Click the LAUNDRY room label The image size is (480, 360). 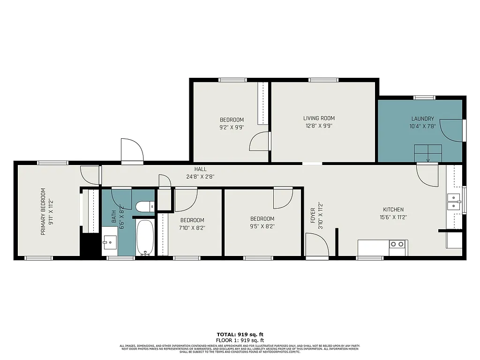click(422, 119)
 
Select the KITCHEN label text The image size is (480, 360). click(393, 210)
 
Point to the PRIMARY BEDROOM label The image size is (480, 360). click(43, 211)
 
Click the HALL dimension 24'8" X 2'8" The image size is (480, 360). click(200, 177)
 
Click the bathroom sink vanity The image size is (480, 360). click(109, 242)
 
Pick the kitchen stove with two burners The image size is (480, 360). click(398, 244)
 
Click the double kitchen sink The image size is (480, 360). click(453, 202)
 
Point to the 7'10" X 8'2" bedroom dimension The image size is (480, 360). click(192, 227)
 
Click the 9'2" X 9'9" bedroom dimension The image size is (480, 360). click(232, 127)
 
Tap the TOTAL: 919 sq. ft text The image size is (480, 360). click(240, 334)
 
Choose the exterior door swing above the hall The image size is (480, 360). click(132, 150)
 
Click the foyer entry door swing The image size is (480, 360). click(317, 245)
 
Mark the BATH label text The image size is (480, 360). click(113, 216)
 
